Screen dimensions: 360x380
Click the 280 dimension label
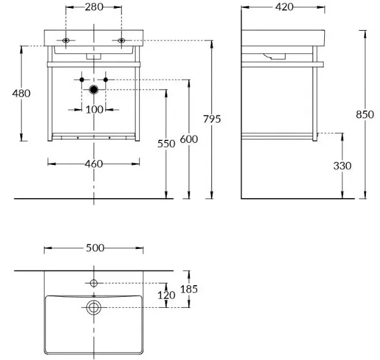94,7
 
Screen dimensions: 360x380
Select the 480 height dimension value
21,93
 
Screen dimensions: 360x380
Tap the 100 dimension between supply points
94,109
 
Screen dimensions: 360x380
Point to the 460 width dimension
94,164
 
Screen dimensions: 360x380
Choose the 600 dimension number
189,139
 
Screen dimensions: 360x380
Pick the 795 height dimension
211,119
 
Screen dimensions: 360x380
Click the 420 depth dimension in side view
283,7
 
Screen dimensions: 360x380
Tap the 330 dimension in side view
342,166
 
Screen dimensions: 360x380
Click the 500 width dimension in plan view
94,248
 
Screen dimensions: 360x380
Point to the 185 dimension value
189,289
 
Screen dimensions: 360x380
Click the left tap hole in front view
66,41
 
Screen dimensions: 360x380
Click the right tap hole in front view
121,41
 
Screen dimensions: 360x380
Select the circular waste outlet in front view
94,90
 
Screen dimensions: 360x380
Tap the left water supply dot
82,80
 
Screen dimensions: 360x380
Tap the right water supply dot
106,80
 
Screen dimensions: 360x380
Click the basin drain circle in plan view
94,307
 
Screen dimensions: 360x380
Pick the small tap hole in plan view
94,283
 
